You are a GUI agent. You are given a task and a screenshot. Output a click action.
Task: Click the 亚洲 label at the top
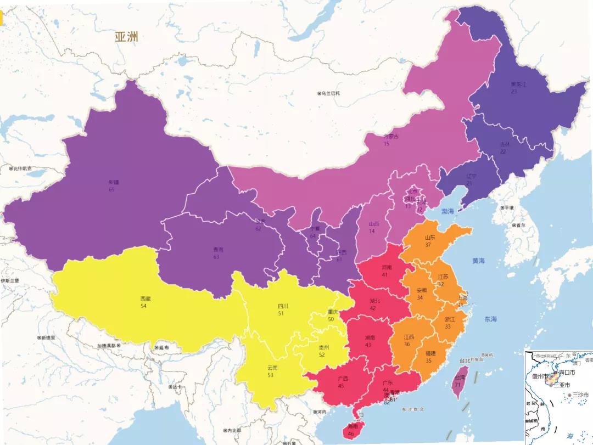[126, 37]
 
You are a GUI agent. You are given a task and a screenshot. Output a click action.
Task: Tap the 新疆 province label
[113, 182]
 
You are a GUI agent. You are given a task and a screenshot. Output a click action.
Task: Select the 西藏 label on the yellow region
[145, 299]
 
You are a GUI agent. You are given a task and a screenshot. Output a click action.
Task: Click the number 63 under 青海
[216, 257]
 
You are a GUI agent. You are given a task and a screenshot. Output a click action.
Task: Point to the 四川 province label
[283, 307]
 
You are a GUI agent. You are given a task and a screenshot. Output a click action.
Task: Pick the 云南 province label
[272, 368]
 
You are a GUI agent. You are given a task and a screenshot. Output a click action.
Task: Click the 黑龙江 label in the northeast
[518, 85]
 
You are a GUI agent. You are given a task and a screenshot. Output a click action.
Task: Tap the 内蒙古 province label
[390, 137]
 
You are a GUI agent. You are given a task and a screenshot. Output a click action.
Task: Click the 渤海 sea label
[447, 211]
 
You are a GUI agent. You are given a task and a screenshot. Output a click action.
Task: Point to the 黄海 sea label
[479, 261]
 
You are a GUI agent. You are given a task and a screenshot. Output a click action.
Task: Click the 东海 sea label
[490, 319]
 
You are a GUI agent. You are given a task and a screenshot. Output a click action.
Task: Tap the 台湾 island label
[458, 378]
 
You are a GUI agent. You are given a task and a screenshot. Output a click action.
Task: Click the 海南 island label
[351, 426]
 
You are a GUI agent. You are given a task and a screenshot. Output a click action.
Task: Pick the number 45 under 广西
[341, 386]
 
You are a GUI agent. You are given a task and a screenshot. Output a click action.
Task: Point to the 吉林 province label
[504, 144]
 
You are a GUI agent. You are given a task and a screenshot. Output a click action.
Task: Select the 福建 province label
[431, 353]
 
